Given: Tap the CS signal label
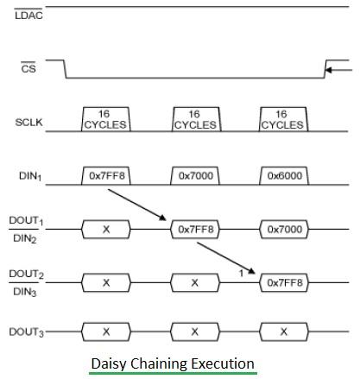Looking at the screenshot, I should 28,71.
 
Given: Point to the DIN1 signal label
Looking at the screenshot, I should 30,177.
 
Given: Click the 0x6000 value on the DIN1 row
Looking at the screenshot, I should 284,175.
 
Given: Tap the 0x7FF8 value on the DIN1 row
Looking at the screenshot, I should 105,175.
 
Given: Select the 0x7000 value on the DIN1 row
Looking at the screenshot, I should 195,175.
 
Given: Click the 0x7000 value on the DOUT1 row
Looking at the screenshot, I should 284,229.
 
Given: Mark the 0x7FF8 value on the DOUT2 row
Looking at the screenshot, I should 284,282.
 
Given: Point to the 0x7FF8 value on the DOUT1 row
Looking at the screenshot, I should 195,229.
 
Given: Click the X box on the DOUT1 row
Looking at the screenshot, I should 105,229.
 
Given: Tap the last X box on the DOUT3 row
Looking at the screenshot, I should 284,332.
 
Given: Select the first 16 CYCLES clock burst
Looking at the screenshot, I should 105,119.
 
